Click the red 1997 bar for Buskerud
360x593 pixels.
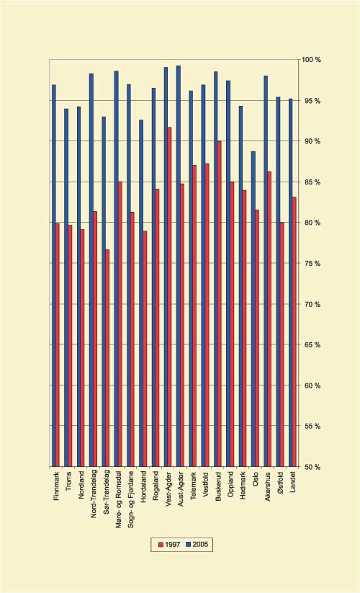coord(219,303)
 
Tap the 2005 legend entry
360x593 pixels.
coord(197,544)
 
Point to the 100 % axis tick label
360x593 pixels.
coord(311,59)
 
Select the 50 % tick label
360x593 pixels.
coord(311,467)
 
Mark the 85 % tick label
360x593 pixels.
coord(311,182)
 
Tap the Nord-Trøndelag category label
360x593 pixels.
coord(94,497)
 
